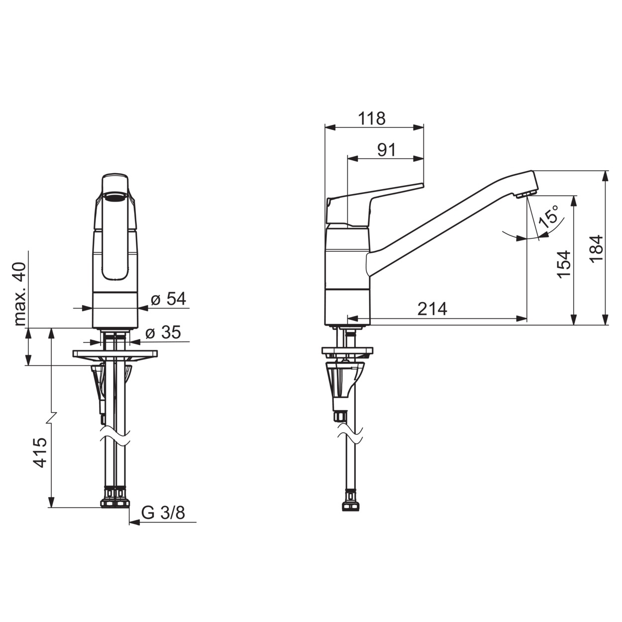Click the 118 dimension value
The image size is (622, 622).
point(372,118)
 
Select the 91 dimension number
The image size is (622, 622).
point(386,150)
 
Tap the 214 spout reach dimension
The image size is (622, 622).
point(432,309)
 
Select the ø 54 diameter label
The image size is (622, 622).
point(169,299)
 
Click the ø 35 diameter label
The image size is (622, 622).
point(163,332)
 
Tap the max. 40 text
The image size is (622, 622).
point(20,294)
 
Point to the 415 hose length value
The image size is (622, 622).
point(41,452)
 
